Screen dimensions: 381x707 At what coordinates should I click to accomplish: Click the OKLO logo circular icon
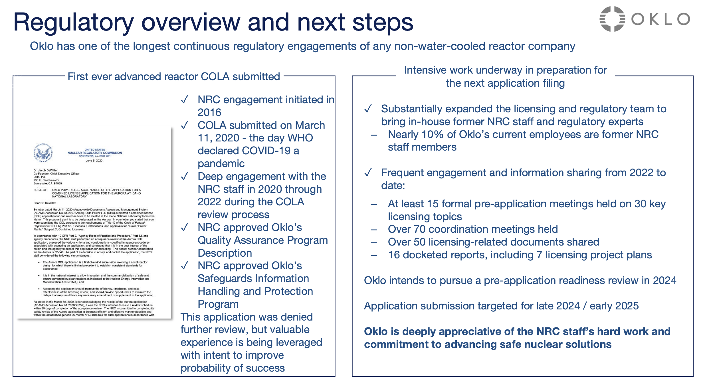click(612, 19)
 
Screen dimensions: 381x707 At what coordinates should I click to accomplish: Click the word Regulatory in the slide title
click(73, 22)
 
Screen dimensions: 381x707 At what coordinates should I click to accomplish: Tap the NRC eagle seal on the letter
click(43, 153)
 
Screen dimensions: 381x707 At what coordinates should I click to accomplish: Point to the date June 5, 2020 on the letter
click(94, 161)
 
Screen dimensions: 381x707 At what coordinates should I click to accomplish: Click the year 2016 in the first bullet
click(209, 112)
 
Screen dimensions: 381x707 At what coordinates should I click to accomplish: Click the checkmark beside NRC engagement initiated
click(185, 100)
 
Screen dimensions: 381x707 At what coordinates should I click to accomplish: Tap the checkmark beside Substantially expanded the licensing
click(368, 109)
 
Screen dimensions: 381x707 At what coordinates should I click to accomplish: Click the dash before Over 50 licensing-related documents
click(374, 242)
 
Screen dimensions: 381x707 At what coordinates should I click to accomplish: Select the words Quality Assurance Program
click(262, 240)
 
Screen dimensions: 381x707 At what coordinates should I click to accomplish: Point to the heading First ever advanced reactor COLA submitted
click(173, 76)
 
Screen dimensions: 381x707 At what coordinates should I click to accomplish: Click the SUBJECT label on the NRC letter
click(40, 190)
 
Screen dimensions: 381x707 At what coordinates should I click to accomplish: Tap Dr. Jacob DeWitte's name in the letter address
click(45, 170)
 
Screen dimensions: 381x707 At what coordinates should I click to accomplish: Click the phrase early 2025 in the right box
click(614, 306)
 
